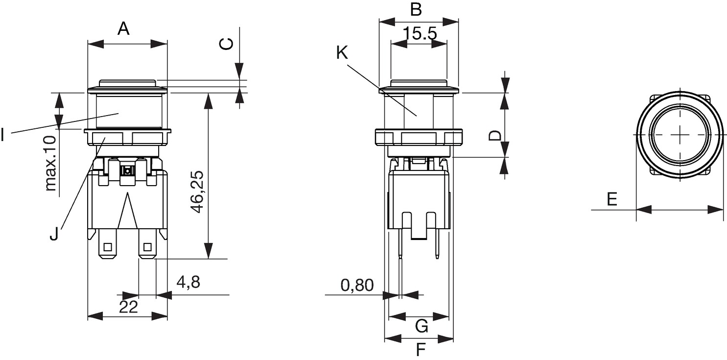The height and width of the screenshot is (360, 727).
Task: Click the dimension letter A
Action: pos(123,28)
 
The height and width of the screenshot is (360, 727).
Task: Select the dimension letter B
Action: pos(416,9)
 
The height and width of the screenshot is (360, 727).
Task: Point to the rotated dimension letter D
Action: pos(495,135)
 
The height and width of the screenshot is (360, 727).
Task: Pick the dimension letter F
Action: pos(421,350)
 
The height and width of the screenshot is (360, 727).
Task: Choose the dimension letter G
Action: pos(422,326)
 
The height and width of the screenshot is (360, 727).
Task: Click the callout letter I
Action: pos(2,135)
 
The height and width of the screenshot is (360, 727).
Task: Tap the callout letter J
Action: pos(54,234)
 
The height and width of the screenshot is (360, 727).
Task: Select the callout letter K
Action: pos(342,52)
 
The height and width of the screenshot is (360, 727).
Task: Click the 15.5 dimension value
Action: pos(420,33)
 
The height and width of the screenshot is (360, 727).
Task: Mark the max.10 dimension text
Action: pos(50,163)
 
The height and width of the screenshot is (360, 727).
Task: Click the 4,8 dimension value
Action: pos(188,282)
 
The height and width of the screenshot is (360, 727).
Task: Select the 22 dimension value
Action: pos(129,307)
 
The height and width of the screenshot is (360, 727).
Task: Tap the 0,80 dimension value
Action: pos(357,285)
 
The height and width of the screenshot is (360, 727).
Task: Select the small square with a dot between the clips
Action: pos(128,170)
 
